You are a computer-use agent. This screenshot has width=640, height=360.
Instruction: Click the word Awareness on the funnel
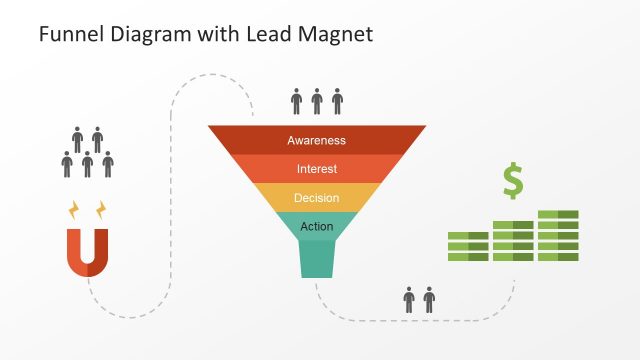(x=316, y=141)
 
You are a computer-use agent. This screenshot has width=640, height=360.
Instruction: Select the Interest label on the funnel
(x=316, y=169)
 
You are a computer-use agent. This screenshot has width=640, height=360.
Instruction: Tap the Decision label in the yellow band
(x=316, y=198)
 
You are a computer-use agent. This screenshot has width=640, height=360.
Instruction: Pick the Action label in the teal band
(x=316, y=226)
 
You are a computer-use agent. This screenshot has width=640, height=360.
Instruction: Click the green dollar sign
(x=513, y=181)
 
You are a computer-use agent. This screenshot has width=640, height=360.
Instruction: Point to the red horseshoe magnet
(x=87, y=252)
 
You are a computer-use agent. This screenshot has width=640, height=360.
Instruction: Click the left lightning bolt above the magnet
(x=73, y=210)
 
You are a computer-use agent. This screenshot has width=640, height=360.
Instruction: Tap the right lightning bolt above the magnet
(x=100, y=210)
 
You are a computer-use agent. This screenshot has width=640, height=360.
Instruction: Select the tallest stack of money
(x=558, y=236)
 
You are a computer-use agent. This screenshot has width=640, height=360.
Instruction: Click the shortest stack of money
(x=468, y=247)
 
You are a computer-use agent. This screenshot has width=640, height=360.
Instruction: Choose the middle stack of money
(x=513, y=241)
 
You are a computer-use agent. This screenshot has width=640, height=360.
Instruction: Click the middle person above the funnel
(x=317, y=101)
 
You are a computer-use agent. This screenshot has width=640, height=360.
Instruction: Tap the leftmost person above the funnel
(x=296, y=101)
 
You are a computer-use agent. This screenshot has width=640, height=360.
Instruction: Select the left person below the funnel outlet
(x=409, y=299)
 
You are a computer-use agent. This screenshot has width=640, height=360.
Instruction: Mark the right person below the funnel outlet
(x=430, y=299)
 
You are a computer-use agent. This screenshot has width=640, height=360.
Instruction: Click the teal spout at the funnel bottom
(x=316, y=260)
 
